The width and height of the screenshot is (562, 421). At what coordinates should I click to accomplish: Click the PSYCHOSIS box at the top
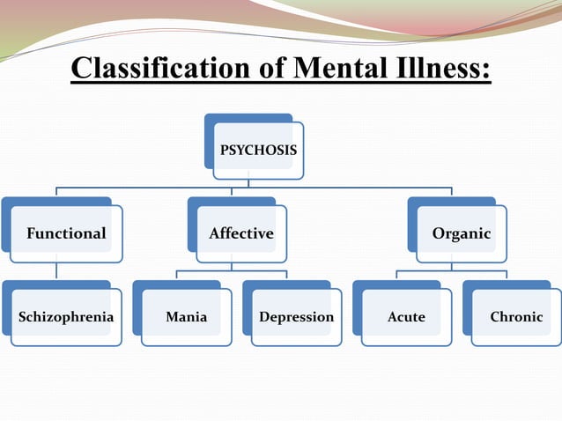tap(258, 150)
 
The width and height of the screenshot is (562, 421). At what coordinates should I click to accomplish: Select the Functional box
tap(66, 233)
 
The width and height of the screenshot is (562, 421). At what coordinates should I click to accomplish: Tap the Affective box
tap(241, 233)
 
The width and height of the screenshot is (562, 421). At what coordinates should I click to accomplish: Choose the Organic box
tap(462, 233)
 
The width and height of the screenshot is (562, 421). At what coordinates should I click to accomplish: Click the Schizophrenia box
tap(66, 317)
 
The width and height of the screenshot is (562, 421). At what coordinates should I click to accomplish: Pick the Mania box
tap(187, 317)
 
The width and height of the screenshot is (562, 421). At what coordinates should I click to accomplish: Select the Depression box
tap(296, 317)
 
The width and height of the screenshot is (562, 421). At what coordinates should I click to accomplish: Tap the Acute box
tap(406, 317)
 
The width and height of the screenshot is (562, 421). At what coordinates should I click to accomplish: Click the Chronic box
tap(516, 317)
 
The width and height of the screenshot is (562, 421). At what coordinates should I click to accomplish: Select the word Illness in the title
tap(443, 68)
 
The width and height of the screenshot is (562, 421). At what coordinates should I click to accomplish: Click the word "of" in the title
tap(271, 68)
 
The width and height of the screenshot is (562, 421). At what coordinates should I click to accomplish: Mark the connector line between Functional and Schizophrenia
tap(56, 270)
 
